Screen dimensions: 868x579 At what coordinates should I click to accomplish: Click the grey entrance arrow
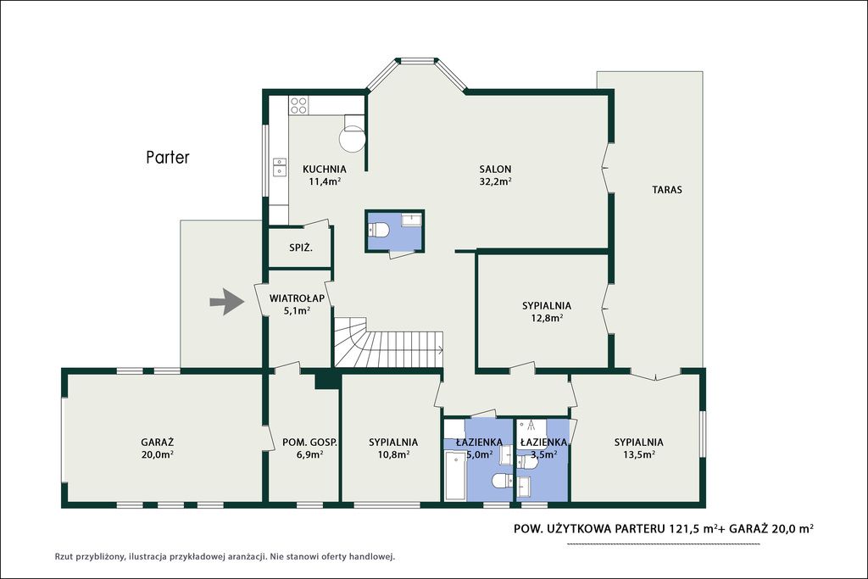(x=227, y=302)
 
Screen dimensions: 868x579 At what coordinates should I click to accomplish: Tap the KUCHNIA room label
(x=325, y=170)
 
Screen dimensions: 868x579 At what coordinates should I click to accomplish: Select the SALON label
(x=495, y=170)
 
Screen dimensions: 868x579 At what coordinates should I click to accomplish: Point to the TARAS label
(x=667, y=190)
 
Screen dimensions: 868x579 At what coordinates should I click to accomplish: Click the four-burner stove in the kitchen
(x=299, y=105)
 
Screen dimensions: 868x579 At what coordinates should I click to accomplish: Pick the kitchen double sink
(x=280, y=167)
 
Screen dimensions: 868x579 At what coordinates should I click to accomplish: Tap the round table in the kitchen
(x=353, y=138)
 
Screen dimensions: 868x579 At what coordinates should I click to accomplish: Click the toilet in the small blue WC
(x=380, y=229)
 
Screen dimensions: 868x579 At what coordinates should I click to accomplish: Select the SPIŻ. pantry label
(x=301, y=248)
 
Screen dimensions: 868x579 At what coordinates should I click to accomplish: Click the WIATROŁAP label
(x=297, y=298)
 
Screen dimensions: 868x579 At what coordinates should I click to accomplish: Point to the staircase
(x=388, y=342)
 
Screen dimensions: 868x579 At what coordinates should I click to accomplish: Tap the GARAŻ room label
(x=157, y=443)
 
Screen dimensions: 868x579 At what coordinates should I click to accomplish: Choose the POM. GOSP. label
(x=309, y=443)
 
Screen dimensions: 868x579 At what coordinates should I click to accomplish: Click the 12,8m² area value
(x=547, y=318)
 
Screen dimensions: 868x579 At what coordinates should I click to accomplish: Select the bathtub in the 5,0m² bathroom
(x=455, y=476)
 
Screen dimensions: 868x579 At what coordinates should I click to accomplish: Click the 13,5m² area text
(x=639, y=454)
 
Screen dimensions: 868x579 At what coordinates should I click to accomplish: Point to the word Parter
(x=168, y=157)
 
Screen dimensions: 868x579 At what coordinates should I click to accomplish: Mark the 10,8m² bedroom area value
(x=393, y=454)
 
